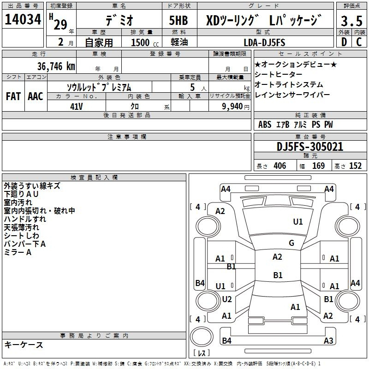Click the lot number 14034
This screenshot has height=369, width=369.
tap(23, 19)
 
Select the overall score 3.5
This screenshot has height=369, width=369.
tap(351, 21)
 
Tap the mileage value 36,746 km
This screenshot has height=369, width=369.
tap(56, 66)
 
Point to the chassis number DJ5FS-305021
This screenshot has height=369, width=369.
tap(310, 147)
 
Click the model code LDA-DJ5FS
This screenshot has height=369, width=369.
tap(264, 42)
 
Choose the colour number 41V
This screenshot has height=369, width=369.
tap(77, 107)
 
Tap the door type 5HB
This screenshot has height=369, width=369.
tap(179, 20)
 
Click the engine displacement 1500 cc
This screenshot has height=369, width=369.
tap(145, 42)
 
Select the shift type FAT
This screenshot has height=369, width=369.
tap(13, 96)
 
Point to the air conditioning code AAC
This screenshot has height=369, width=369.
tap(36, 96)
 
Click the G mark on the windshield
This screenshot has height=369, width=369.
tap(292, 243)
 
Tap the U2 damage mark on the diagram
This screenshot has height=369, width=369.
tap(227, 299)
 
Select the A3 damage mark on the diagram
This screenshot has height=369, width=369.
tap(328, 340)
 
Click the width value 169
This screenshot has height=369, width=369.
tap(318, 166)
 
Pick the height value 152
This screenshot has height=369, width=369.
tap(355, 166)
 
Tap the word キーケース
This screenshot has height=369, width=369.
tap(24, 345)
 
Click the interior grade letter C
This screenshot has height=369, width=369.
tap(359, 42)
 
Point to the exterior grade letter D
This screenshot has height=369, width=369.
tap(344, 42)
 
